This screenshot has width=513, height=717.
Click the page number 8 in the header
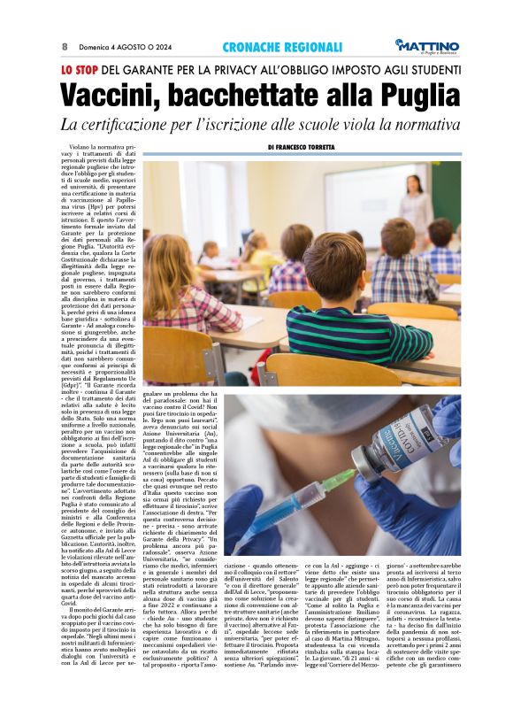(x=65, y=46)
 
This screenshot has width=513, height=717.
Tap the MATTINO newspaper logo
(x=429, y=45)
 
